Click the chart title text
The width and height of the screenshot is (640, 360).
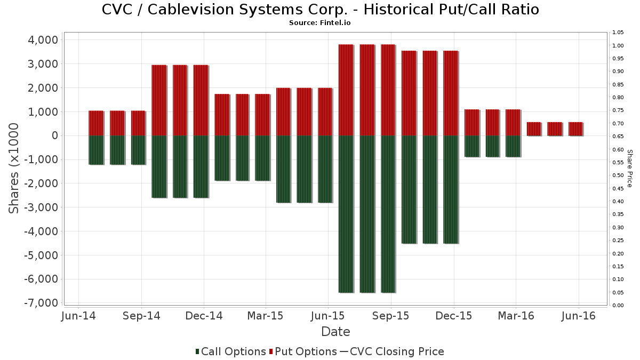320,10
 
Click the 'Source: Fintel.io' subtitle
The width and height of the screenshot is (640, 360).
320,23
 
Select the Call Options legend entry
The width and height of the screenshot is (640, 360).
230,351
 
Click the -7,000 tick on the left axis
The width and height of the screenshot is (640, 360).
41,303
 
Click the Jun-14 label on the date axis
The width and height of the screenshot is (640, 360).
79,316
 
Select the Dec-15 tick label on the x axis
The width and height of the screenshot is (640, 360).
454,316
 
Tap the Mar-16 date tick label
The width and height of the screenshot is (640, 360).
516,316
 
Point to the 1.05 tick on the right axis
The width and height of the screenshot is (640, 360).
618,33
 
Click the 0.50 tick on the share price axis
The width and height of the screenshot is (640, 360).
618,175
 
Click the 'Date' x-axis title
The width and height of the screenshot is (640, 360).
335,332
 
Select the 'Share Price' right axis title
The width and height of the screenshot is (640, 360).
629,168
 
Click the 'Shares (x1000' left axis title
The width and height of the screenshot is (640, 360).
14,168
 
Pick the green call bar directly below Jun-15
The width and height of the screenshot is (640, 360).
325,169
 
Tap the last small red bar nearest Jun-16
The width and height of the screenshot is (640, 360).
575,129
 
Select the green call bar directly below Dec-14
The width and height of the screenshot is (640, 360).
201,166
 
